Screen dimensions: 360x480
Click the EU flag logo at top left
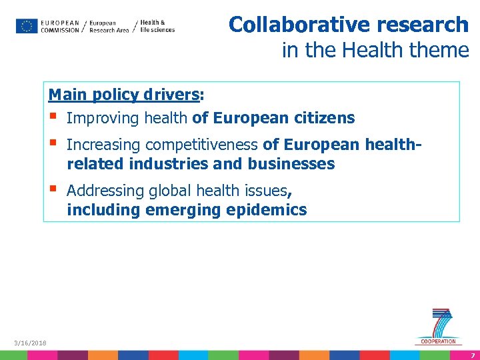pyautogui.click(x=27, y=26)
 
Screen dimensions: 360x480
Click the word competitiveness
pyautogui.click(x=202, y=145)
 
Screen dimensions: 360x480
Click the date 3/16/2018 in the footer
pyautogui.click(x=31, y=343)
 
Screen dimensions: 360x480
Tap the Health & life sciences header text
pyautogui.click(x=157, y=26)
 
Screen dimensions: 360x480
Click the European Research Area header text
pyautogui.click(x=109, y=27)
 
